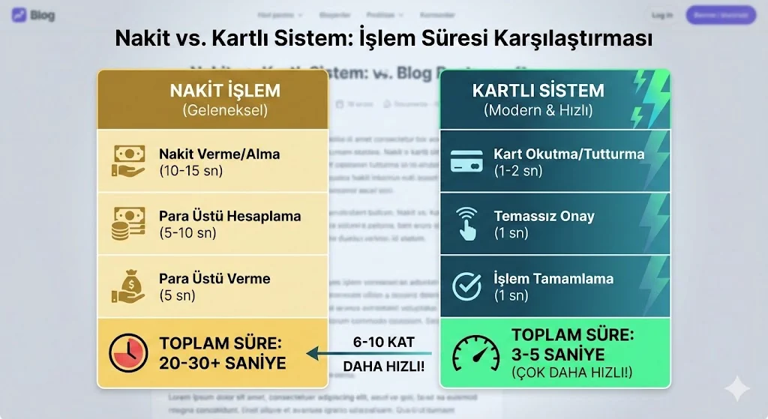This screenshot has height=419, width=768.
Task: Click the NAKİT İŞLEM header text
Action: [224, 91]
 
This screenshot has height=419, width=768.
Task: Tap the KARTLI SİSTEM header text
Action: [538, 91]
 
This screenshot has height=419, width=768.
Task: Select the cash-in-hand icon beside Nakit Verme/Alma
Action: [128, 161]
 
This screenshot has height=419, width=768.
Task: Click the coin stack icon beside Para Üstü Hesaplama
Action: [128, 223]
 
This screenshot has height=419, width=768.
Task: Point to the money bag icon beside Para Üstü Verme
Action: [128, 286]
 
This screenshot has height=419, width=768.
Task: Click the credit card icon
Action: [467, 161]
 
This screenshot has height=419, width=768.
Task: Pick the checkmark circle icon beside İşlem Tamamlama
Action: [467, 286]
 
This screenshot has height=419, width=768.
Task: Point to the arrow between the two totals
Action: [371, 352]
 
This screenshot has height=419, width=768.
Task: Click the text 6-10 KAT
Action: [383, 341]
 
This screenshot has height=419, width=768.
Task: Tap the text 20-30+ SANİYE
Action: [223, 364]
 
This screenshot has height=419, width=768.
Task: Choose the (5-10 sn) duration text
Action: [187, 233]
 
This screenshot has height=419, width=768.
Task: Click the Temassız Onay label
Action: [544, 216]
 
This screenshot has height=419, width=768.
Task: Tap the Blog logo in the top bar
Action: [34, 15]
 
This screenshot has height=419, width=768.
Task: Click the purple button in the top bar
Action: [720, 15]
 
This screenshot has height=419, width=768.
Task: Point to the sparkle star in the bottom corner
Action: [736, 389]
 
